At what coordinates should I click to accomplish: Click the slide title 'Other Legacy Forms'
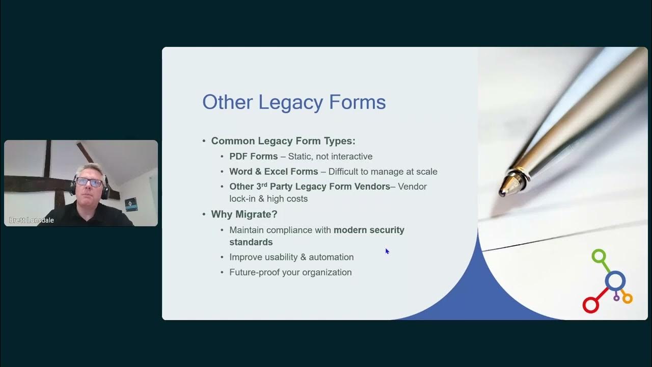click(294, 102)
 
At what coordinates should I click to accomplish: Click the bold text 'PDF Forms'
click(254, 156)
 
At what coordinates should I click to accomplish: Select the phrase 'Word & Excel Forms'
click(274, 172)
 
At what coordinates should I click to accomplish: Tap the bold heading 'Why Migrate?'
click(244, 214)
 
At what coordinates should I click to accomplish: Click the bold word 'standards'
click(251, 242)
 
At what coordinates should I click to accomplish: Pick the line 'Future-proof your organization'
click(290, 272)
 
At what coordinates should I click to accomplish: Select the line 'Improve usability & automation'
click(291, 257)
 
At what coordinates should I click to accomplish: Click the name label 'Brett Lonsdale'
click(32, 220)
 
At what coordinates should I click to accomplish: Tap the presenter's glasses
click(90, 182)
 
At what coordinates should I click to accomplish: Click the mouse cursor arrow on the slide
click(387, 251)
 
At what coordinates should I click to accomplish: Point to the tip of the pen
click(502, 193)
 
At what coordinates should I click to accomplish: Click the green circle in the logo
click(599, 256)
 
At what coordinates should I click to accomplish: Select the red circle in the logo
click(590, 305)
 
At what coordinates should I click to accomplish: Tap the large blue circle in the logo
click(615, 280)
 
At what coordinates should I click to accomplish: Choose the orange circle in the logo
click(627, 298)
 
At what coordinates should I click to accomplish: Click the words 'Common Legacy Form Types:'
click(283, 141)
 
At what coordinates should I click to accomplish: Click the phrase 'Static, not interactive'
click(330, 156)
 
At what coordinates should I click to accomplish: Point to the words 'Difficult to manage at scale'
click(383, 172)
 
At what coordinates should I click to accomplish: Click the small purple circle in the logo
click(616, 298)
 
